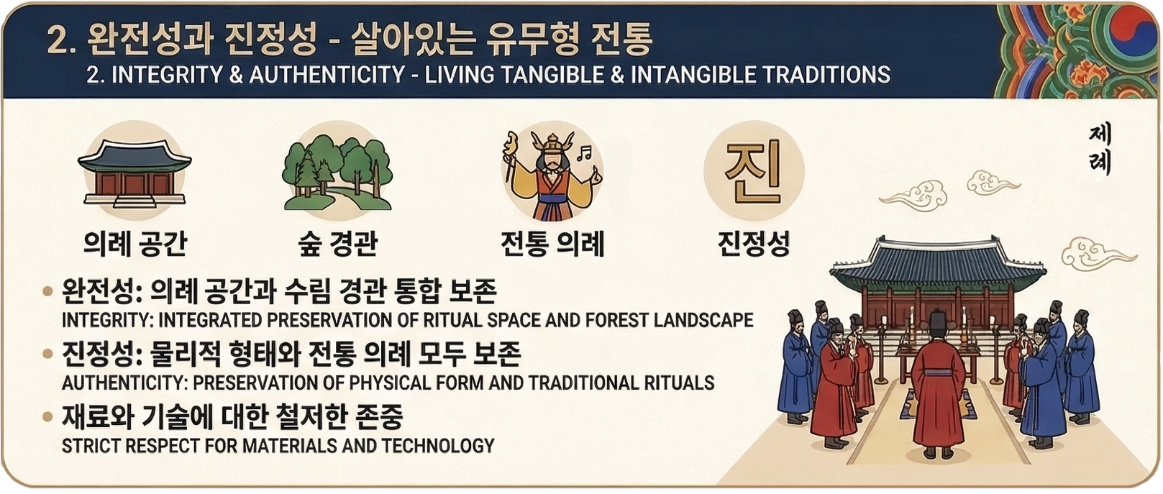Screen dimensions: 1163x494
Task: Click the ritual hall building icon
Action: pyautogui.click(x=134, y=173)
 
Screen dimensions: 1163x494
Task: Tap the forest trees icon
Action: pyautogui.click(x=337, y=172)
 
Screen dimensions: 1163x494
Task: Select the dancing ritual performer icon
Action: pyautogui.click(x=552, y=175)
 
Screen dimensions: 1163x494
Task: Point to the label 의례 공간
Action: pyautogui.click(x=135, y=243)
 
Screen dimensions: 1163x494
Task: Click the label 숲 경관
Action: pyautogui.click(x=337, y=243)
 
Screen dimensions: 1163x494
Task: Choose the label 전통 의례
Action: pyautogui.click(x=552, y=243)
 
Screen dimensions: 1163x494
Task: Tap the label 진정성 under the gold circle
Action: pyautogui.click(x=753, y=243)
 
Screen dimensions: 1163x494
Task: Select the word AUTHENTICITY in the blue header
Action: pyautogui.click(x=327, y=75)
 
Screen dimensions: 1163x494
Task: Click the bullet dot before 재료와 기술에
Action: pyautogui.click(x=47, y=416)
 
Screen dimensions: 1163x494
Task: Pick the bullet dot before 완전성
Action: pyautogui.click(x=47, y=291)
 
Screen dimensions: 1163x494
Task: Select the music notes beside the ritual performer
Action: pyautogui.click(x=585, y=152)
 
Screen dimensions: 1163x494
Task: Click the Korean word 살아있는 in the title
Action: pyautogui.click(x=412, y=40)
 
